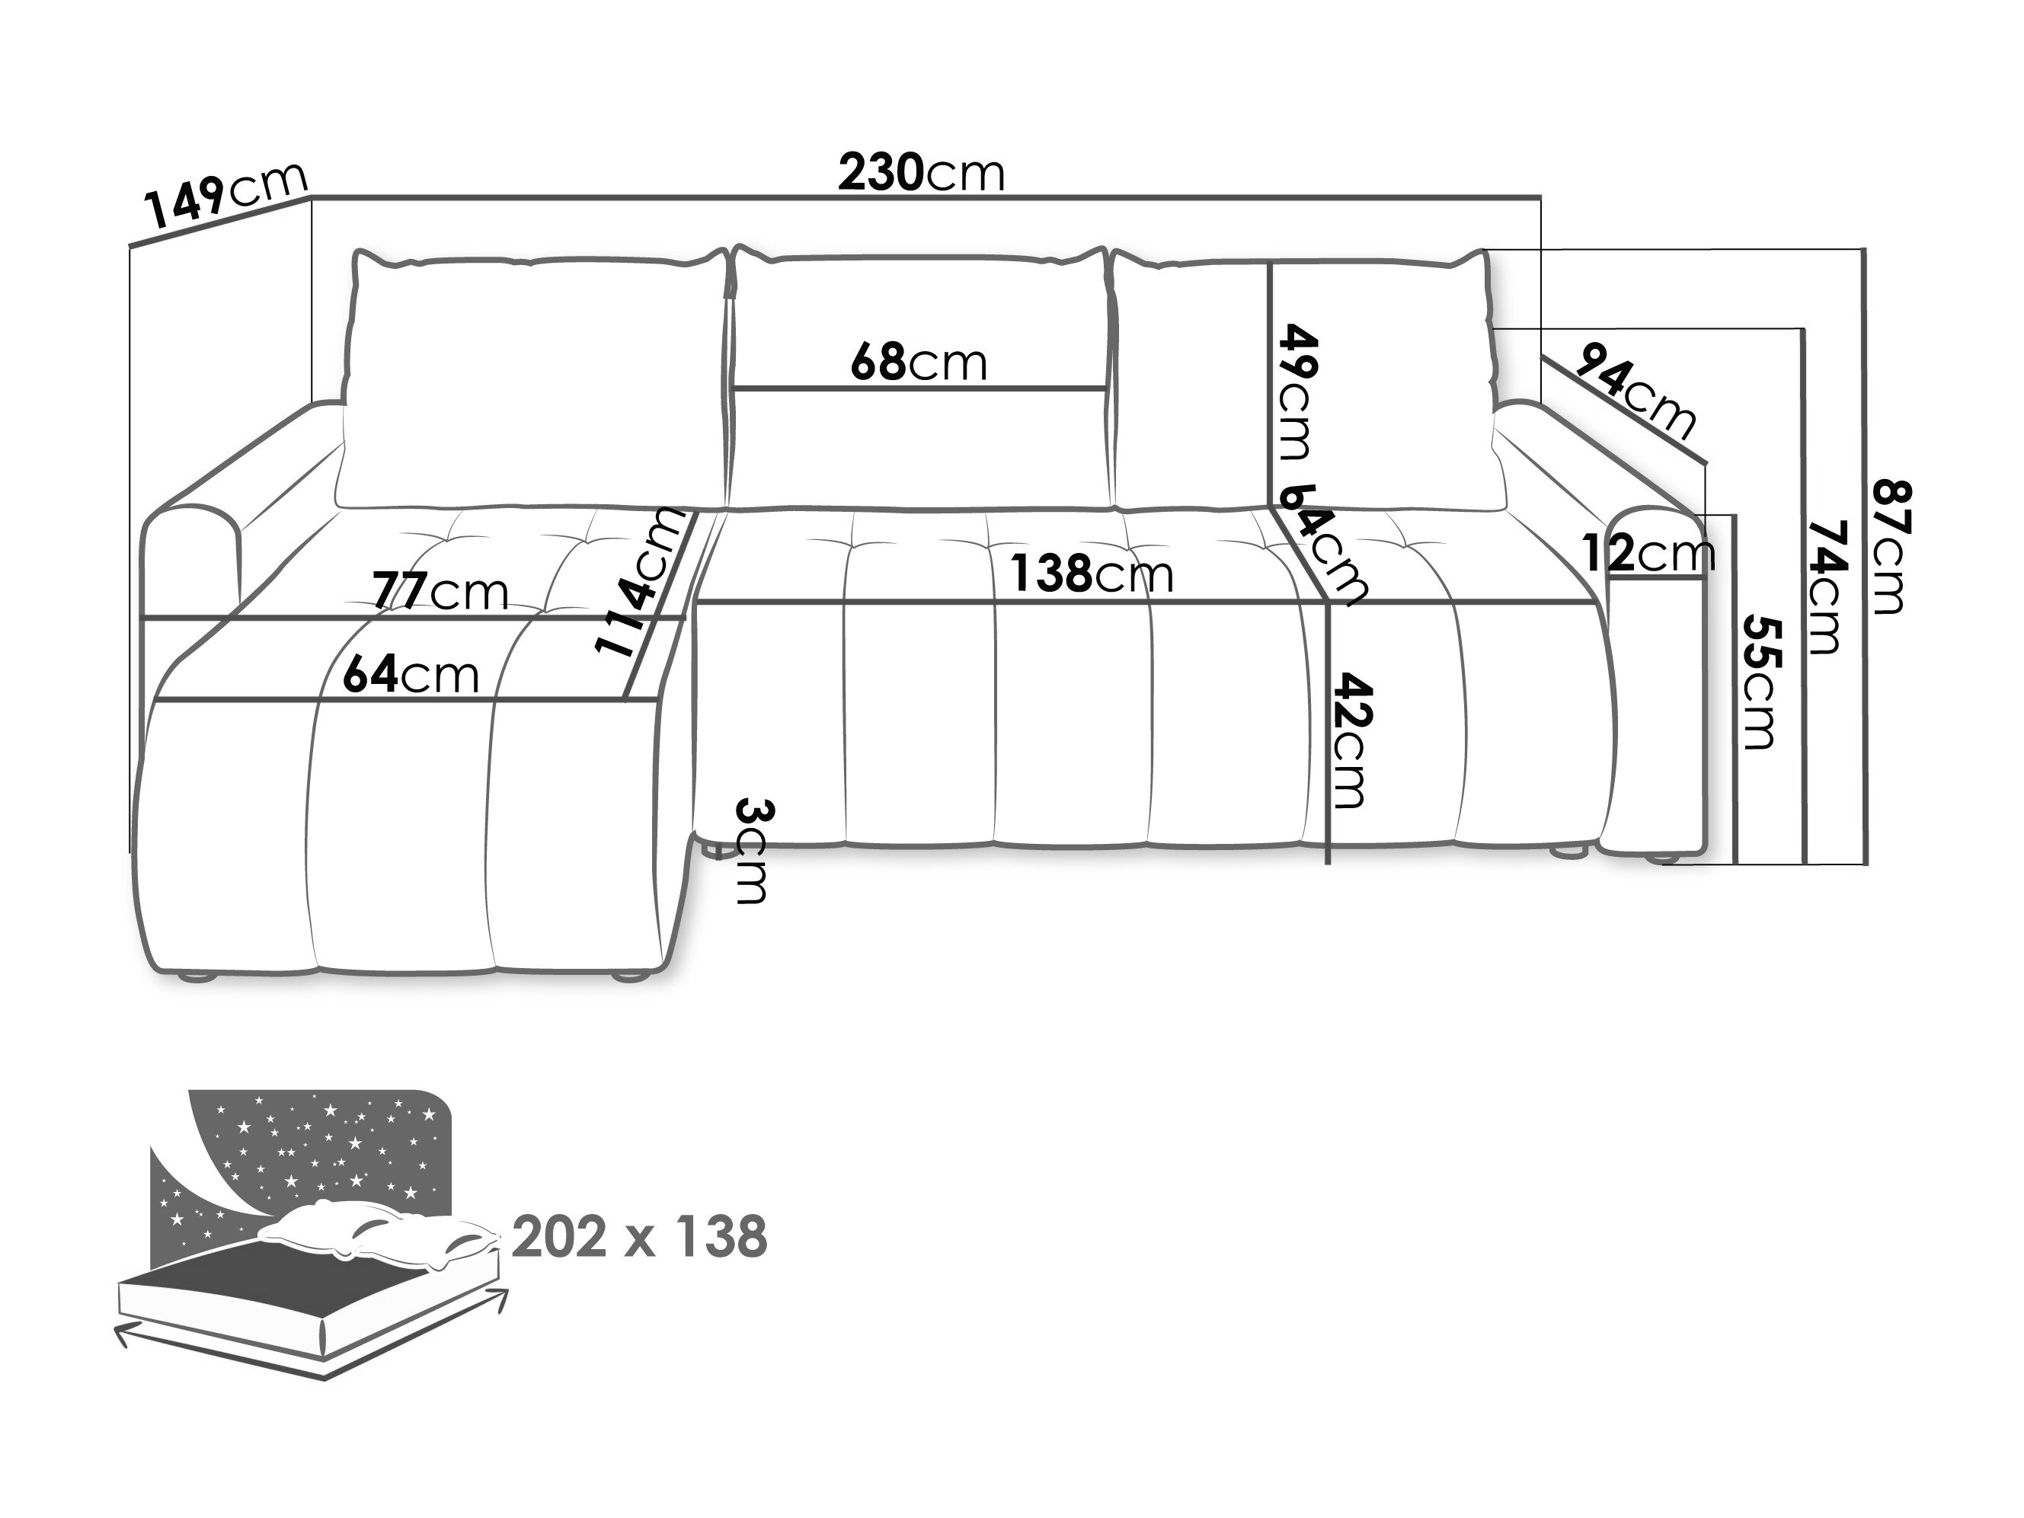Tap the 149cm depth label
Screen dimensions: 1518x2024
point(226,196)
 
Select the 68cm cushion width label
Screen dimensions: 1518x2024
point(919,363)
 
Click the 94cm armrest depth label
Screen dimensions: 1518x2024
point(1636,389)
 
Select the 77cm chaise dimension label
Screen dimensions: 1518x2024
point(440,592)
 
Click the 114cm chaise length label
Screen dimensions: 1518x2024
point(640,583)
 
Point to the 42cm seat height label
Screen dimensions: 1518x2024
point(1351,741)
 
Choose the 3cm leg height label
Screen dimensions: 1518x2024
point(754,851)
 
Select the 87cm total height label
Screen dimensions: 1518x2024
point(1888,546)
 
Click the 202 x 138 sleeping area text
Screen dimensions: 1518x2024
point(638,1238)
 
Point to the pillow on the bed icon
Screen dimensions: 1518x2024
point(379,1236)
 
